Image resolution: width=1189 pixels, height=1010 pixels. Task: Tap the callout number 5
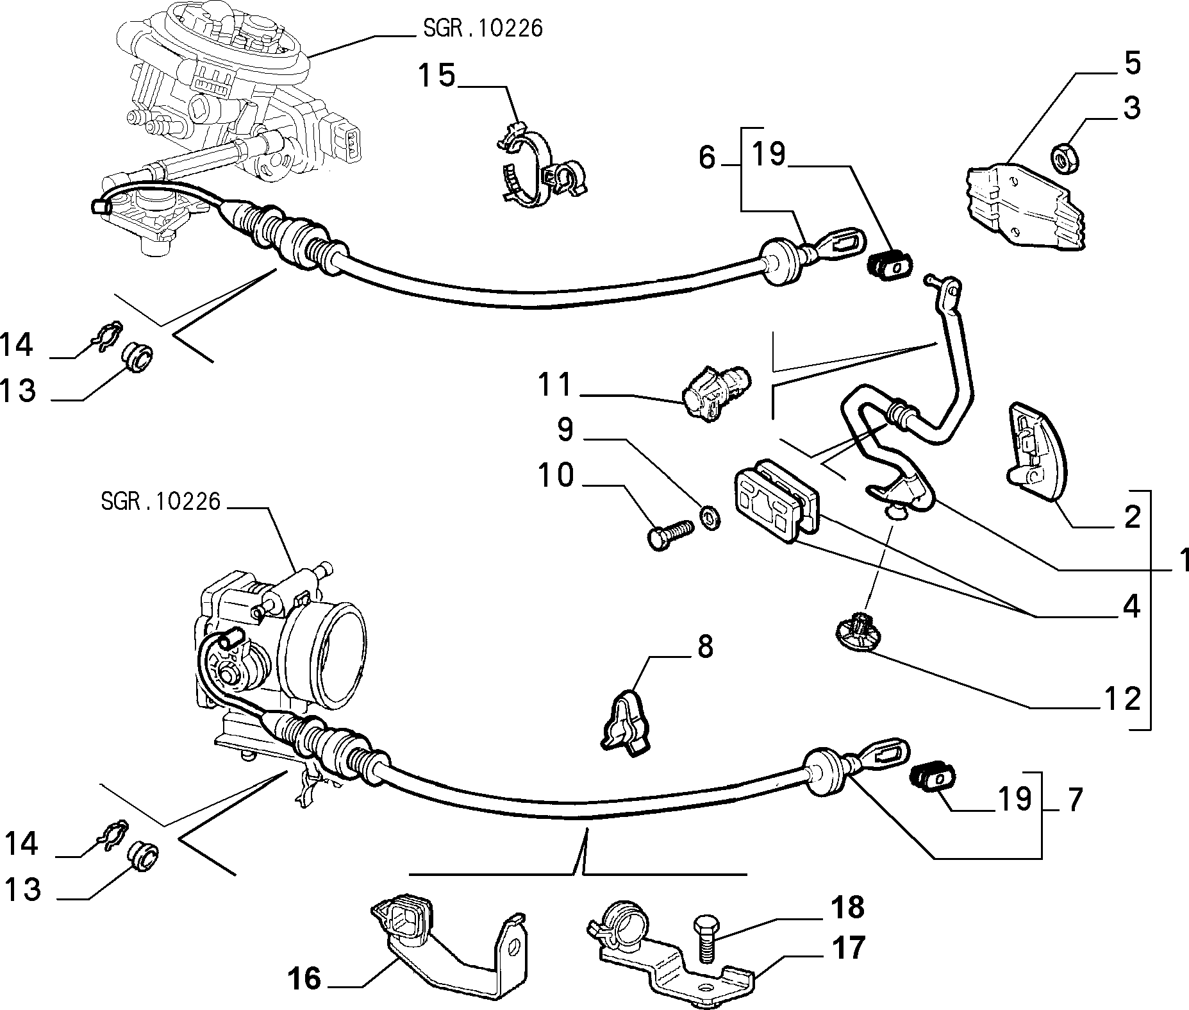(x=1133, y=64)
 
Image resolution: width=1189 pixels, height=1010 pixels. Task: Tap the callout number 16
(x=304, y=979)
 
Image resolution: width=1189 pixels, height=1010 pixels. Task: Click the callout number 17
(x=847, y=948)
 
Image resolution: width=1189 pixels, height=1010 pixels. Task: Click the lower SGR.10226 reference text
(x=160, y=501)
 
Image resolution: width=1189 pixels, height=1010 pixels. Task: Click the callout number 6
(x=706, y=157)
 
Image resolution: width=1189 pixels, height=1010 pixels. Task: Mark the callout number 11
(x=554, y=385)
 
